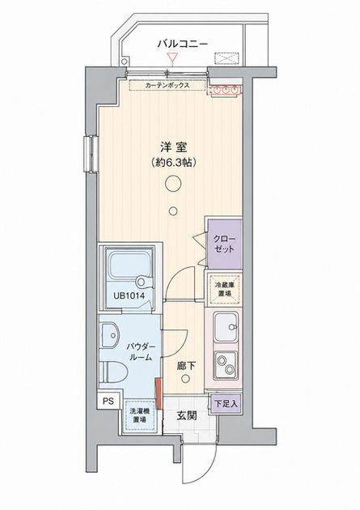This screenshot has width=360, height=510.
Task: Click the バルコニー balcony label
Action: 182,44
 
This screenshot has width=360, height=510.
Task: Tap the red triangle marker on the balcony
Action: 172,58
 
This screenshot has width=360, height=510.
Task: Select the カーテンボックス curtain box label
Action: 167,86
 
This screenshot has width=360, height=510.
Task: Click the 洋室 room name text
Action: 174,147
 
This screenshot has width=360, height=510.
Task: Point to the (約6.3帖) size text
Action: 174,163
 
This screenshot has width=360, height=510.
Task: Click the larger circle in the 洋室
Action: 173,184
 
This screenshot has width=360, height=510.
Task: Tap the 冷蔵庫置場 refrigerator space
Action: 224,289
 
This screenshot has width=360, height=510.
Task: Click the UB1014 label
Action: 129,296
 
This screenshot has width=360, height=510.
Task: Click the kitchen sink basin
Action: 226,327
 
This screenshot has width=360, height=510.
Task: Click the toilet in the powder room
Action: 113,372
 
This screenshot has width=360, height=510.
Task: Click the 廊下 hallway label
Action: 186,367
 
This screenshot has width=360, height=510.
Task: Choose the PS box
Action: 109,402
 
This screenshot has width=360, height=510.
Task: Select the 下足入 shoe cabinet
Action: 226,404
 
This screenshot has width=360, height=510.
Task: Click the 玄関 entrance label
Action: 187,415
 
